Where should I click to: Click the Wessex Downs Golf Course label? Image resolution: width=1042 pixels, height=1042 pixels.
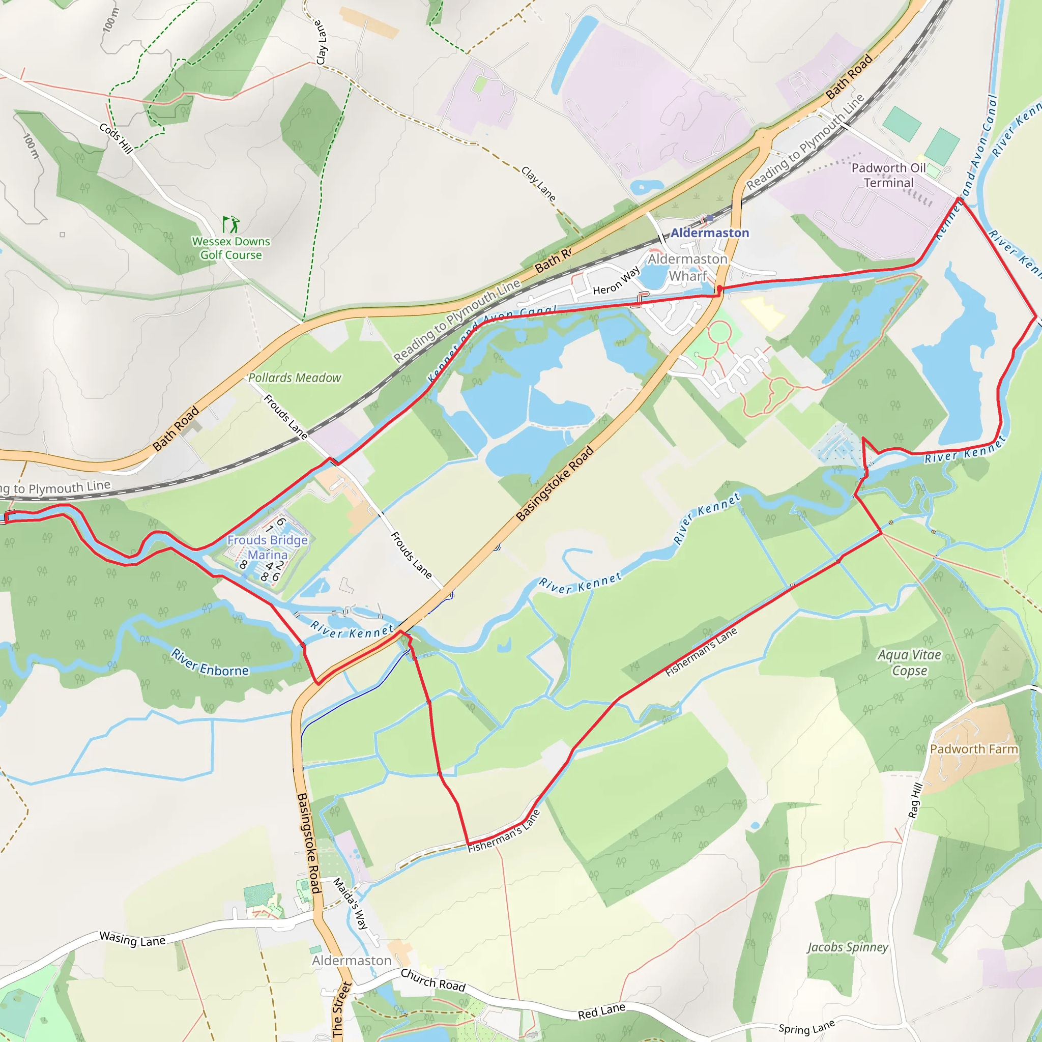[x=231, y=248]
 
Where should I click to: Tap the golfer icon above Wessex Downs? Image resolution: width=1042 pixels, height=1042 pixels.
[x=231, y=224]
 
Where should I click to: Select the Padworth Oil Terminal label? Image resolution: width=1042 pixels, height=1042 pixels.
[x=888, y=176]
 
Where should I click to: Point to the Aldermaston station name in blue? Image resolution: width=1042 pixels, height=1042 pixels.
[x=709, y=233]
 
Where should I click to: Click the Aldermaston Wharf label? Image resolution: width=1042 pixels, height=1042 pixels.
[x=688, y=268]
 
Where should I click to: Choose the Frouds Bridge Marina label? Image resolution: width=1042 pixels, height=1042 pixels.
[x=268, y=547]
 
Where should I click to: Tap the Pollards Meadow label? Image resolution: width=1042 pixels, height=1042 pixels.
[x=295, y=378]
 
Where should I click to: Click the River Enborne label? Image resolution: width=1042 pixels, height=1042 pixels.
[x=210, y=662]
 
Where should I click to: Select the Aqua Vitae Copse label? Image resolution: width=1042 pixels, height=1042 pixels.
[x=909, y=662]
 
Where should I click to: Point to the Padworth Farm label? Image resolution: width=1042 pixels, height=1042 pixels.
[x=974, y=749]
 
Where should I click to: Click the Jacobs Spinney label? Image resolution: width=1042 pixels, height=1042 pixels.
[x=847, y=947]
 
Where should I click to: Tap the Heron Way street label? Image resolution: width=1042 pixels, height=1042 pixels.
[x=616, y=281]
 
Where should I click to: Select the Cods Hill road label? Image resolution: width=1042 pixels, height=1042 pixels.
[x=116, y=138]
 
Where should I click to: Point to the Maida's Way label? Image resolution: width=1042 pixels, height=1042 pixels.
[x=351, y=903]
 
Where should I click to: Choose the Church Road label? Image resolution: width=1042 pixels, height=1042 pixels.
[x=432, y=980]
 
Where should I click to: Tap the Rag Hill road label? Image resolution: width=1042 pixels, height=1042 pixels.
[x=916, y=800]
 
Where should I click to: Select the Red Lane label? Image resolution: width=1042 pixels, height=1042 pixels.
[x=601, y=1011]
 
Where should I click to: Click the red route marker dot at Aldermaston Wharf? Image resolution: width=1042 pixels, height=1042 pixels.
[x=719, y=290]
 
